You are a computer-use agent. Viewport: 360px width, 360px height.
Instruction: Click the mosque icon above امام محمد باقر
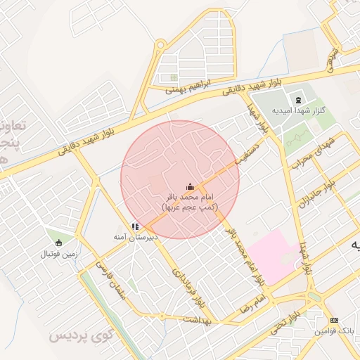tap(188, 186)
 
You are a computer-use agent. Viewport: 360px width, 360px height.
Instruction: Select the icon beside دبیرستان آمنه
tap(134, 227)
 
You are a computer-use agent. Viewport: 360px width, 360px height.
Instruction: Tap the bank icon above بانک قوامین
tap(333, 320)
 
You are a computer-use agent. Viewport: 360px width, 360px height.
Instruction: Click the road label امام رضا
tap(253, 304)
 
